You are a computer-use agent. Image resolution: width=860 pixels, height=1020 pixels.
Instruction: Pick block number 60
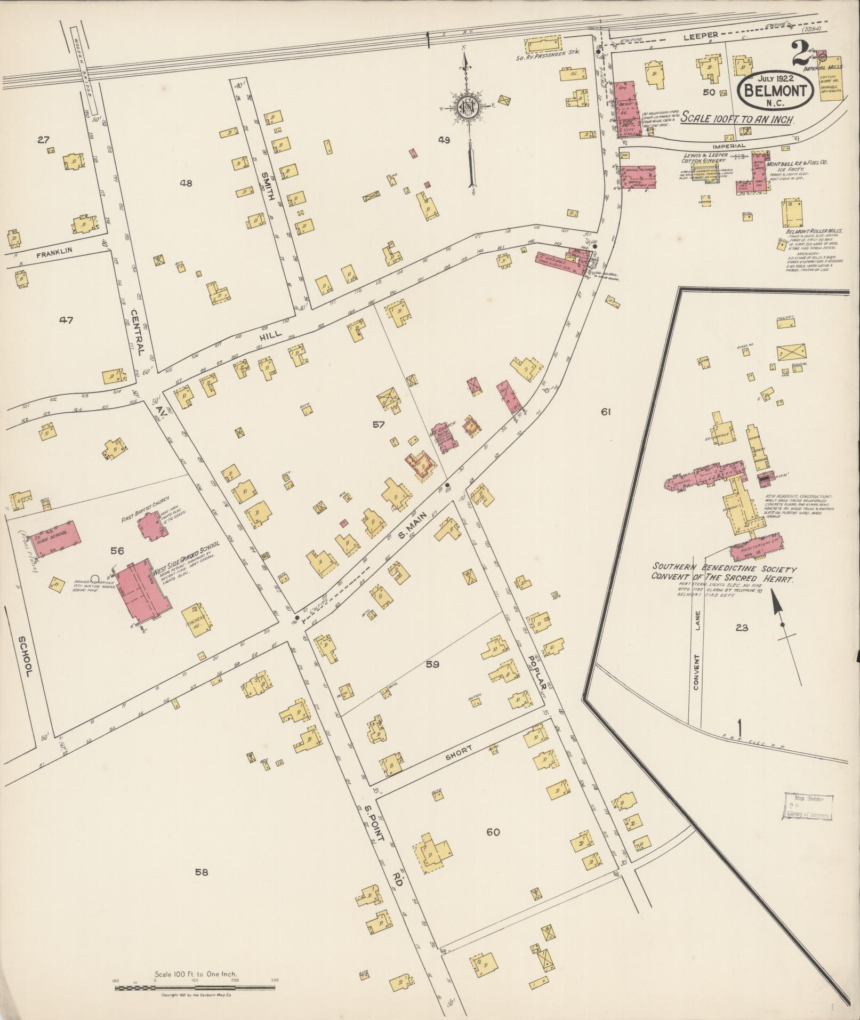click(493, 832)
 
